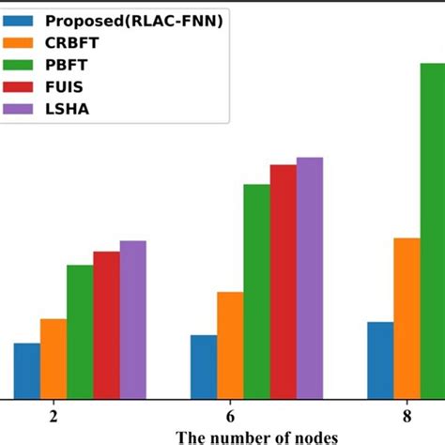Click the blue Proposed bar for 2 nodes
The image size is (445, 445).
click(x=26, y=371)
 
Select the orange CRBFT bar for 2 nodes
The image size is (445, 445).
click(x=54, y=359)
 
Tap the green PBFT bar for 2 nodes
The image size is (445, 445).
click(x=80, y=332)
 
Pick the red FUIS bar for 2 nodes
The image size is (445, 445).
click(x=106, y=325)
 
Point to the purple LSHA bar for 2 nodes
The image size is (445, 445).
click(x=132, y=319)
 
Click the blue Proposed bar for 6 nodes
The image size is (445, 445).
click(x=204, y=367)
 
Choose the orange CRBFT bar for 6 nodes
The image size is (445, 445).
click(x=230, y=345)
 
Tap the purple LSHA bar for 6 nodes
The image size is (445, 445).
click(x=310, y=278)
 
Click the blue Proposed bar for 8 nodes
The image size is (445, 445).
click(x=380, y=361)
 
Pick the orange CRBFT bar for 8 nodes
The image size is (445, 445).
click(x=407, y=318)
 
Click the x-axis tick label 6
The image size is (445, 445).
click(x=230, y=415)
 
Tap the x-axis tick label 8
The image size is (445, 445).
click(x=407, y=415)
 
